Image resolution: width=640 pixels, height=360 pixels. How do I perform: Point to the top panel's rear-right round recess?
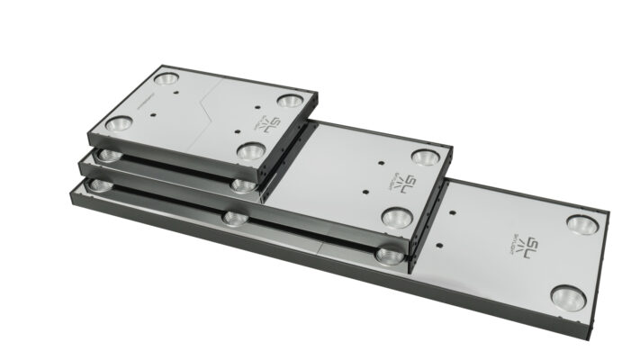coord(288,101)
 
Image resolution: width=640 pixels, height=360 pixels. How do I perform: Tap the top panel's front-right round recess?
coord(250,151)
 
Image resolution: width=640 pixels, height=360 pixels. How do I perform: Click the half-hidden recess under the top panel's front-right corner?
coord(241,184)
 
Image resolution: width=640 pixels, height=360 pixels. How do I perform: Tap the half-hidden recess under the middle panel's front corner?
coord(389,256)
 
